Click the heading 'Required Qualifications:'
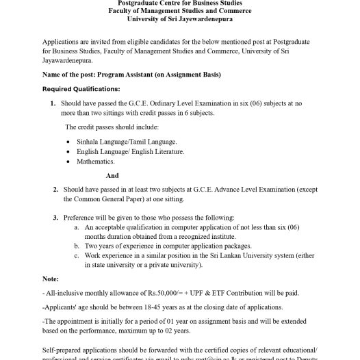(x=81, y=89)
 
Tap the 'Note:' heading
(x=50, y=279)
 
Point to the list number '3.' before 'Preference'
(x=55, y=217)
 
